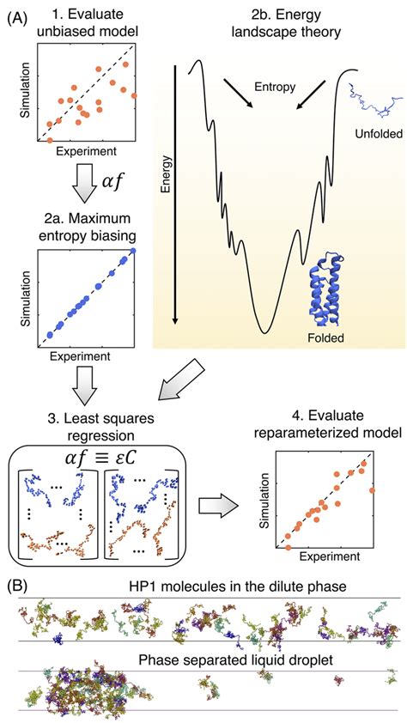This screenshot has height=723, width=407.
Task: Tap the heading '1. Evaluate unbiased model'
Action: pos(87,24)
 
